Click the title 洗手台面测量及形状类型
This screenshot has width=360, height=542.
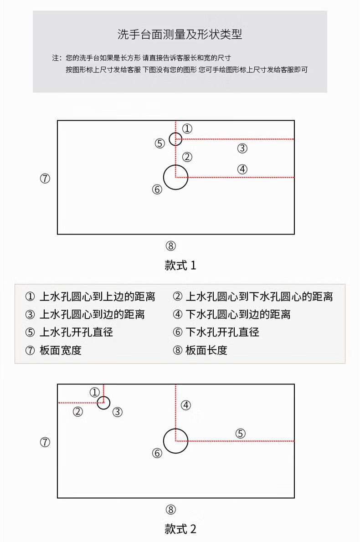(x=180, y=34)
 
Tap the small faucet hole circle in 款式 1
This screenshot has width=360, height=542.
(x=175, y=139)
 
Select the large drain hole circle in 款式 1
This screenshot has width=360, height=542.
(x=175, y=177)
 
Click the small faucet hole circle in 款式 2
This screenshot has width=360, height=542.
(x=103, y=403)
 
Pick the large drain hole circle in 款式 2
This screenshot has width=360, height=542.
(x=175, y=441)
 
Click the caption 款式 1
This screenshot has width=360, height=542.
(x=180, y=266)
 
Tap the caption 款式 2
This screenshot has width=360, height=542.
(x=180, y=529)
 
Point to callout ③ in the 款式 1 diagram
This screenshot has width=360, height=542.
(x=242, y=148)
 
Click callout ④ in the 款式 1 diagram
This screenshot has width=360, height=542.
(x=242, y=169)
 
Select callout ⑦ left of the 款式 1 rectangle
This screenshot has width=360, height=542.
(x=45, y=179)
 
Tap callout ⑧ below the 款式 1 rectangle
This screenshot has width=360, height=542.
(x=170, y=246)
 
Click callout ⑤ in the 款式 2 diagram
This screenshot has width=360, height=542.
(x=241, y=433)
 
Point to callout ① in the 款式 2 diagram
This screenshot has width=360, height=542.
(x=94, y=392)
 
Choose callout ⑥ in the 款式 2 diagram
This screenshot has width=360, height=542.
(x=157, y=453)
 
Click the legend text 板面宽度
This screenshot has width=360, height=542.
(x=61, y=350)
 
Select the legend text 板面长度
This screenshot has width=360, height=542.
(x=206, y=350)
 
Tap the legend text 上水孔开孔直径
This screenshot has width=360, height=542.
(x=76, y=332)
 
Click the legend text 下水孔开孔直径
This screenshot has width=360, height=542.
(x=222, y=332)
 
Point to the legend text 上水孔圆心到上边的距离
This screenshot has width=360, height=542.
(x=97, y=297)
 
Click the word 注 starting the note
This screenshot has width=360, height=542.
(x=56, y=58)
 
